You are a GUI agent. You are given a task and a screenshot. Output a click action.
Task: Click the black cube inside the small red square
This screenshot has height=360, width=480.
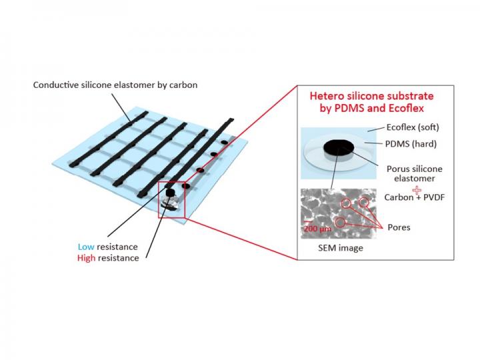[169, 193]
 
